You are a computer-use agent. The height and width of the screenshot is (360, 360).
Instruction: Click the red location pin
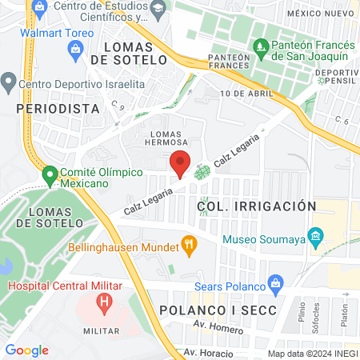point(181,162)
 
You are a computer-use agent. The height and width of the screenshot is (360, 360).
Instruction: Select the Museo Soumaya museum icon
point(315,238)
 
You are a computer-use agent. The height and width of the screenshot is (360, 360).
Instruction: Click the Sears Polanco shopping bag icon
point(277,282)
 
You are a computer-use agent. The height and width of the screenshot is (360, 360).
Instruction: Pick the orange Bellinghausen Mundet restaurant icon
point(190,244)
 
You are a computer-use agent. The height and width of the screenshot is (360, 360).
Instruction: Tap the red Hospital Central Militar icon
point(102,303)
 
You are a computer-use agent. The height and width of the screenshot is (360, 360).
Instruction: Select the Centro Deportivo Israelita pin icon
point(9,81)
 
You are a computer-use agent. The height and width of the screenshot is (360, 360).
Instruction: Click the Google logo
point(26,350)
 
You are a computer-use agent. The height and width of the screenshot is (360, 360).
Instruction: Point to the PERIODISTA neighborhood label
point(58,107)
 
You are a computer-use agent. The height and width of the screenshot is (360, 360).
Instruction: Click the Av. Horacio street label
point(208,353)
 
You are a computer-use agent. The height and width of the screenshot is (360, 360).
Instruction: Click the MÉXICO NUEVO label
point(321,14)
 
